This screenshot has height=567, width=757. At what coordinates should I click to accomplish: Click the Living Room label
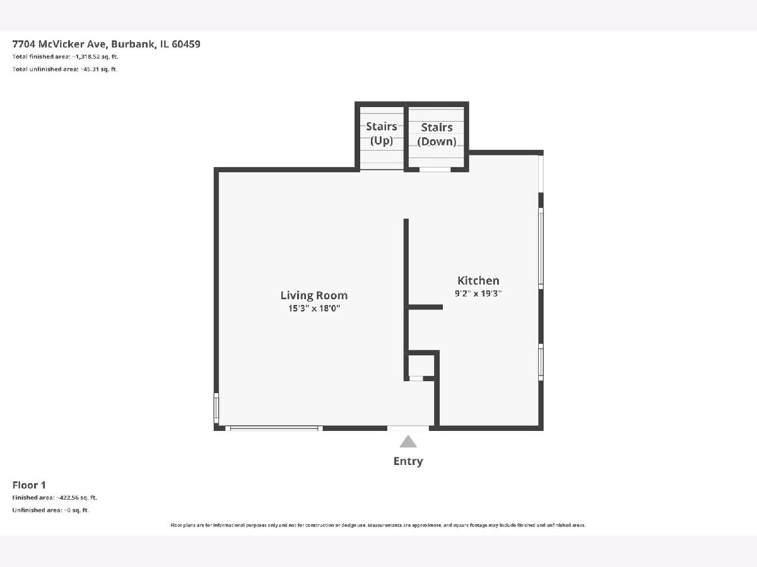[x=314, y=295]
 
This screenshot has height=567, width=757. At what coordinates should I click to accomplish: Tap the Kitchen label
[x=478, y=280]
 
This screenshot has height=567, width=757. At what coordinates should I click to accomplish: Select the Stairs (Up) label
[x=382, y=134]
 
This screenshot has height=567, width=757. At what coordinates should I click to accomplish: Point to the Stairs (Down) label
[x=437, y=135]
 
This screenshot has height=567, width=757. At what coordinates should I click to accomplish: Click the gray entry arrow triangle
[x=408, y=442]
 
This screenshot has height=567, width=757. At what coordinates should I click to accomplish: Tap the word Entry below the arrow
[x=408, y=461]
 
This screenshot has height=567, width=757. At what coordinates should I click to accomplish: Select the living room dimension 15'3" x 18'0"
[x=314, y=308]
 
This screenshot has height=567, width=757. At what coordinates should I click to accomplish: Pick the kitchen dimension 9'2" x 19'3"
[x=478, y=294]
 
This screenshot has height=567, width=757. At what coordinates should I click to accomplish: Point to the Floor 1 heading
[x=29, y=485]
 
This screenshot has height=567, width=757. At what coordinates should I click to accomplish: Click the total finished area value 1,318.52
[x=88, y=57]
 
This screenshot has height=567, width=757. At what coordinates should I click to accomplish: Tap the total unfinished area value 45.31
[x=91, y=69]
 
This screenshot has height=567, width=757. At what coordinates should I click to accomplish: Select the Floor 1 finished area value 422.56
[x=69, y=498]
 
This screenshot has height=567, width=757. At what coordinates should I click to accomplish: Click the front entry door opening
[x=408, y=428]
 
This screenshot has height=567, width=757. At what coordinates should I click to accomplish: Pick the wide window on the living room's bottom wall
[x=274, y=428]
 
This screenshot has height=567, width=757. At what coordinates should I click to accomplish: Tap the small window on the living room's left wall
[x=216, y=408]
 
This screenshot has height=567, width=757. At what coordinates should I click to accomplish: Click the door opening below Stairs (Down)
[x=435, y=169]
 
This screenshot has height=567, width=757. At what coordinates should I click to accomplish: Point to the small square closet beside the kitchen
[x=421, y=365]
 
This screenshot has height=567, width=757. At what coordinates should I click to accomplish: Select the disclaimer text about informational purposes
[x=378, y=525]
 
